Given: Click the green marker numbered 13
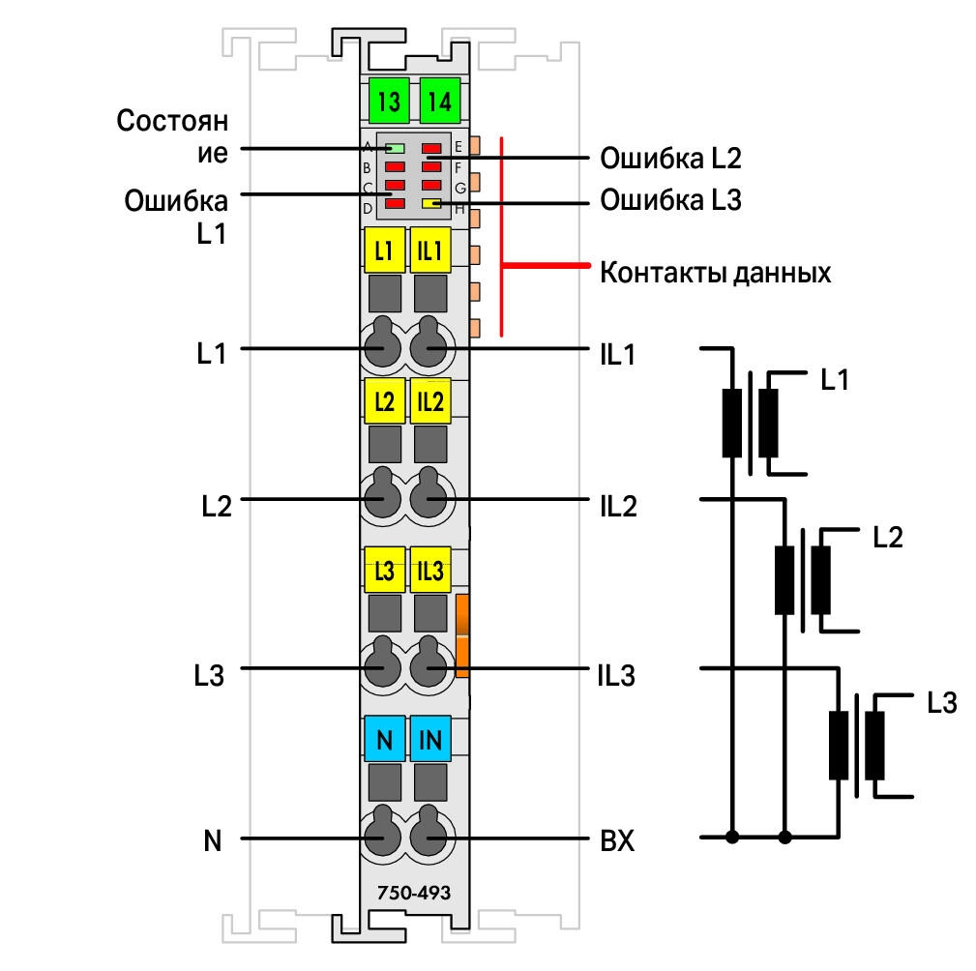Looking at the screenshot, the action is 389,101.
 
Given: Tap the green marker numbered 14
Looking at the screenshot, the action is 440,101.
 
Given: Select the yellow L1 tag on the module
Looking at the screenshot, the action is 384,250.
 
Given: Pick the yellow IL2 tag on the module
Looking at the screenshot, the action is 430,401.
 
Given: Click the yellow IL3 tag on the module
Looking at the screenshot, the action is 430,571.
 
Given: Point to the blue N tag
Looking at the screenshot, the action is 384,739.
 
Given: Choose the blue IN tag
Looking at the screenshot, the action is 430,739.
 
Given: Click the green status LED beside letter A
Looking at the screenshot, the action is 396,148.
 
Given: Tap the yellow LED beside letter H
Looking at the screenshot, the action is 431,203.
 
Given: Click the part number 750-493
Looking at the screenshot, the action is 414,893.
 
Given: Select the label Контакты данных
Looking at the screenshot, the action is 715,274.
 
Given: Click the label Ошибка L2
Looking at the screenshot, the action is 670,158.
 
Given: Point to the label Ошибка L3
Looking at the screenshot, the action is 670,200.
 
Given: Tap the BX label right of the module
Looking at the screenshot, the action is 617,840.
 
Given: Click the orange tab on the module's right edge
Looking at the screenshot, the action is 461,635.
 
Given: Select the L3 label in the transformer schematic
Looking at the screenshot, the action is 942,703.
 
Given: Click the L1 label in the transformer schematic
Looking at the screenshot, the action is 835,380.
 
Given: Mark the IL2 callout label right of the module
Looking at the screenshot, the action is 618,506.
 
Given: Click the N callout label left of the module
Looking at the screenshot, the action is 212,840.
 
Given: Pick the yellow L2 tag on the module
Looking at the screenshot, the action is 384,401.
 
